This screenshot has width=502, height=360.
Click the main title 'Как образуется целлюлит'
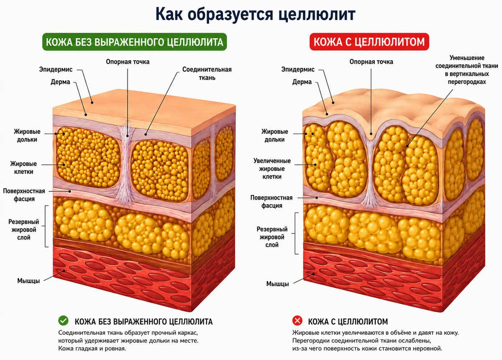[x=255, y=15]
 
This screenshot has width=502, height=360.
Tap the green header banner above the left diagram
[x=134, y=42]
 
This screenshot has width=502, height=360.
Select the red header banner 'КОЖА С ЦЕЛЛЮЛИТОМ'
[x=369, y=42]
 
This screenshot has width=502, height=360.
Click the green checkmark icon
[x=63, y=321]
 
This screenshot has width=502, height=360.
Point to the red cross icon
[x=297, y=321]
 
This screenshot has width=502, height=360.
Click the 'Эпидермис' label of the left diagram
[x=56, y=69]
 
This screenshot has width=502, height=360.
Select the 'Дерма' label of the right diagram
[x=302, y=82]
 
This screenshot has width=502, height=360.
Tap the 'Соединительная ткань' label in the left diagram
[x=207, y=74]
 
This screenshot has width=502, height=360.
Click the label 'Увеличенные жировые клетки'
[x=272, y=169]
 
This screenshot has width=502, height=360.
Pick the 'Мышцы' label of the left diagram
[x=28, y=281]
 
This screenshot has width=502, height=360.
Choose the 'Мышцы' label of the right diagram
[x=277, y=284]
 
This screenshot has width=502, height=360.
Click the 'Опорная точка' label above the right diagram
[x=371, y=62]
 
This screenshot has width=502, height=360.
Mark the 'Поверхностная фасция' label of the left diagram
[x=24, y=195]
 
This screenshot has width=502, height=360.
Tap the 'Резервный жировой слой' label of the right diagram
[x=272, y=237]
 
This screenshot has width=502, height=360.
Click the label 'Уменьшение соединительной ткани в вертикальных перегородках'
[x=467, y=70]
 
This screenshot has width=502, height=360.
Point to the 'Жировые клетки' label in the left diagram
[x=23, y=167]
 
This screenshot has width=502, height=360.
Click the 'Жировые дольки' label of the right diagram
[x=274, y=136]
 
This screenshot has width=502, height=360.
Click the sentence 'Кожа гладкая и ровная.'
[x=92, y=349]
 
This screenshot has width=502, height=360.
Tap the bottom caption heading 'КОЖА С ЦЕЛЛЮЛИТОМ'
[x=348, y=321]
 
